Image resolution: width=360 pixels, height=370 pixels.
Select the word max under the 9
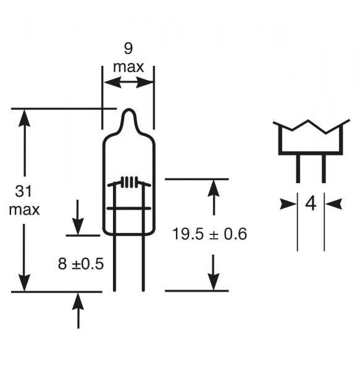coord(128,67)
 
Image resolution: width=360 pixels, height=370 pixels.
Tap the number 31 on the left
coord(24,192)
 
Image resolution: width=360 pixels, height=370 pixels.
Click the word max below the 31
coord(24,210)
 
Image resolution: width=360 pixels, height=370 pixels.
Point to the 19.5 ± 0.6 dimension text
coord(209,234)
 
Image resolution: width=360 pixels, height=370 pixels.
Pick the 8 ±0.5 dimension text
coord(80,264)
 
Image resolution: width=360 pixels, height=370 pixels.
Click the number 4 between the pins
coord(311,203)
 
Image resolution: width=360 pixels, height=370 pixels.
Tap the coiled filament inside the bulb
coord(128,182)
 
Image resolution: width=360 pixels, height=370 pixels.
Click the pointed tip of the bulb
coord(128,112)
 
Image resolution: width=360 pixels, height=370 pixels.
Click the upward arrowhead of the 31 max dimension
coord(24,117)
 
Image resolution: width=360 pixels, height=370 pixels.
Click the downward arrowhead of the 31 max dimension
coord(24,283)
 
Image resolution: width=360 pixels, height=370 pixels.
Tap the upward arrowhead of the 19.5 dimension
coord(214,187)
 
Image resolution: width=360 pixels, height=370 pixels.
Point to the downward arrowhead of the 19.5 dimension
coord(214,282)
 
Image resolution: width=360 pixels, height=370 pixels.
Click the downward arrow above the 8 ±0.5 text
coord(78,226)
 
